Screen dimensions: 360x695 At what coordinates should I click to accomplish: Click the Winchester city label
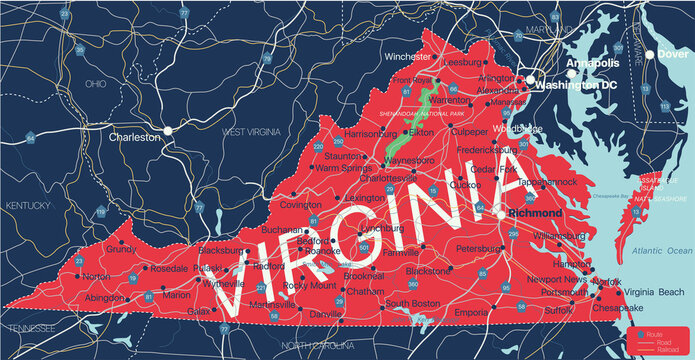click(381, 56)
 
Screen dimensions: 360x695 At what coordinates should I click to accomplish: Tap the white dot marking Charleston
click(169, 130)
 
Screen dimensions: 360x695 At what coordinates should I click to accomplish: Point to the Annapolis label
click(593, 63)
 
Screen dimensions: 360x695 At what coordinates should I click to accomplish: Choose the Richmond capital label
click(534, 213)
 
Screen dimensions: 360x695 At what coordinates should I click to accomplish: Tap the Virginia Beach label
click(655, 292)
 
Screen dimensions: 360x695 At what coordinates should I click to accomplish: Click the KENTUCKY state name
click(27, 206)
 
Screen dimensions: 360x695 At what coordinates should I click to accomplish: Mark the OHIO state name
click(96, 83)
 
